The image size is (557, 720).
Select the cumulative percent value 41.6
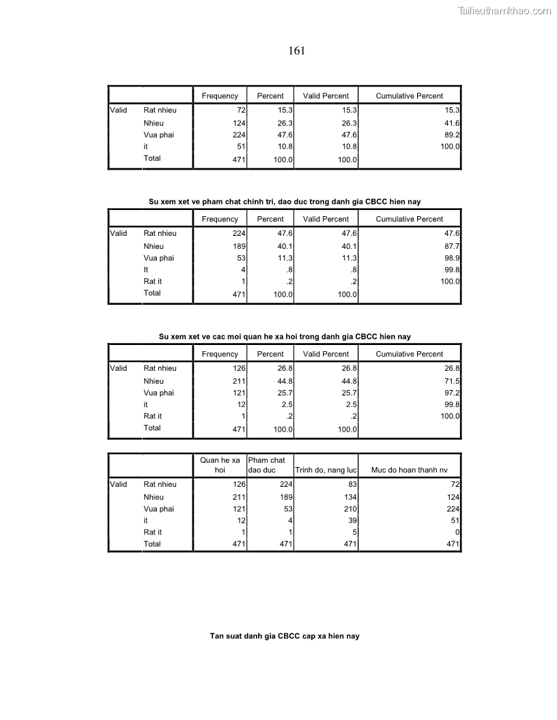click(x=452, y=123)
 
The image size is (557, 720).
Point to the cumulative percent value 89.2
click(x=452, y=135)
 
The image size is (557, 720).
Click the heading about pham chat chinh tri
click(x=285, y=201)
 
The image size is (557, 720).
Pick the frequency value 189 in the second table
click(x=239, y=246)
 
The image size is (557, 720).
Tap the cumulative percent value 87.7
click(x=452, y=246)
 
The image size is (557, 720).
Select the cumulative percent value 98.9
click(x=452, y=258)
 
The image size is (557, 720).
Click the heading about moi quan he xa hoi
click(x=285, y=336)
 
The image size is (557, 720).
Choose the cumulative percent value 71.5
click(x=452, y=381)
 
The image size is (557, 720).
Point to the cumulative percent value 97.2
click(x=452, y=393)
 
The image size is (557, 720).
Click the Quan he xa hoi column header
click(x=220, y=465)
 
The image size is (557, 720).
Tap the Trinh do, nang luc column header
click(x=326, y=470)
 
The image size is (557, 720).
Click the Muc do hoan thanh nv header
click(x=410, y=470)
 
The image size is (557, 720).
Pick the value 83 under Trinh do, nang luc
click(x=352, y=485)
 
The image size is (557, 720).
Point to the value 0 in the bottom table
click(x=457, y=532)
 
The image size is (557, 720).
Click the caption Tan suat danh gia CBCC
click(x=285, y=636)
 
